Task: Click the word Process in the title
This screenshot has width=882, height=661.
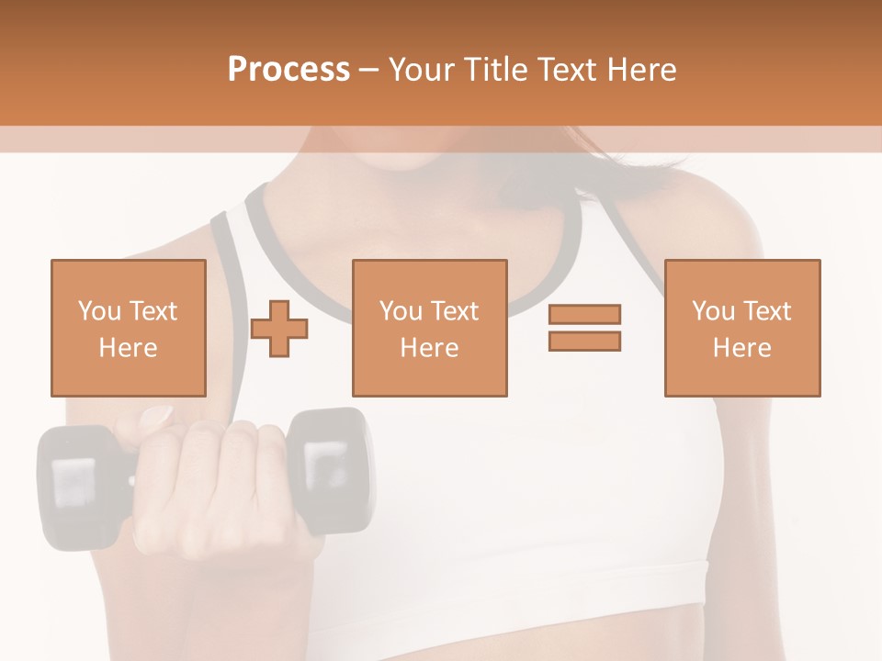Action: point(288,69)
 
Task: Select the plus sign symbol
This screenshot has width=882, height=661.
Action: point(280,328)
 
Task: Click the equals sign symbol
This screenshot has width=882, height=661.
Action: point(584,328)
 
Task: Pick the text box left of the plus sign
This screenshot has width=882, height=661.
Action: point(129,328)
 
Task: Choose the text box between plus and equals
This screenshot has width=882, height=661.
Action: point(430,328)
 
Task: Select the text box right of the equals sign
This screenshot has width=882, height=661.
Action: point(742,328)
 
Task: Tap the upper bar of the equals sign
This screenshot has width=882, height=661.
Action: point(584,314)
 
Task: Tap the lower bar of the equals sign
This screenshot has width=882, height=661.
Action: point(584,341)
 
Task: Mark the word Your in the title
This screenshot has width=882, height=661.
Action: point(422,69)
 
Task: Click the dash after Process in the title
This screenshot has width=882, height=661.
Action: point(368,70)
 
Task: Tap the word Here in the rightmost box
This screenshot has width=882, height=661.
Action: point(742,348)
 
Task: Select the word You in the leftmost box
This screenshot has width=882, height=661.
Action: point(99,311)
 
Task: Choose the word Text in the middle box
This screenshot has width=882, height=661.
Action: point(456,311)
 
